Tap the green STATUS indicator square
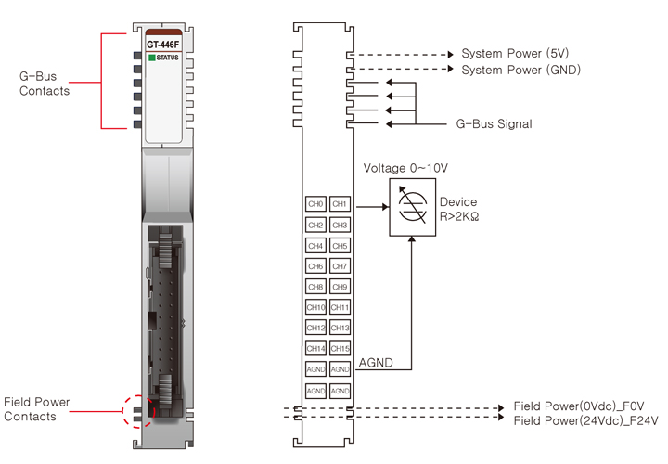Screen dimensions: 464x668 pos(151,58)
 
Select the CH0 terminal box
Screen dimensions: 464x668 pos(315,204)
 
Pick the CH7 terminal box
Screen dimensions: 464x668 pos(340,266)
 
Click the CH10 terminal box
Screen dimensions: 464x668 pos(315,307)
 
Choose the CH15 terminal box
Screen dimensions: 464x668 pos(340,348)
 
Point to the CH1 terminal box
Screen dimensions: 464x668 pos(340,204)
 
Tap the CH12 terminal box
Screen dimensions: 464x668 pos(315,328)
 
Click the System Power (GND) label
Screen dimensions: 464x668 pos(520,69)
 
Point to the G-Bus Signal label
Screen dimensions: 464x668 pos(495,123)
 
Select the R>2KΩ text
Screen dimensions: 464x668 pos(458,216)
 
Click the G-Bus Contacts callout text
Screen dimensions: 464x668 pos(45,84)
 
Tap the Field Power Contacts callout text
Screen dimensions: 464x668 pos(37,409)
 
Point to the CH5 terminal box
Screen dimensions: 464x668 pos(340,246)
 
